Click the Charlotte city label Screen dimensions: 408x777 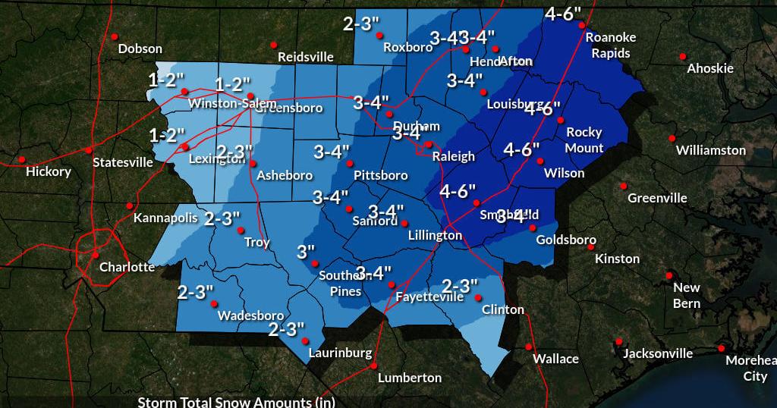coord(127,267)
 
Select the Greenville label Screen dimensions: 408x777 coord(657,198)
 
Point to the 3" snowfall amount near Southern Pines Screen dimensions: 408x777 coord(306,251)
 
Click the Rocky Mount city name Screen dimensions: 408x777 coord(584,140)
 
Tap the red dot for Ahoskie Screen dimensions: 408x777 coord(683,56)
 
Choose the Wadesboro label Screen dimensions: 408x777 coord(250,315)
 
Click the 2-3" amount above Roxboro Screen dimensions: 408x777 coord(361,24)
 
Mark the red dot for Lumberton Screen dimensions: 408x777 coord(373,366)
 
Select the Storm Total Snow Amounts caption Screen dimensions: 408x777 coord(236,401)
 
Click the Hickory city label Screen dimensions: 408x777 coord(48,171)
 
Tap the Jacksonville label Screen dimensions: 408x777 coord(657,353)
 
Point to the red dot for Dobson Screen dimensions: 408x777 coord(115,36)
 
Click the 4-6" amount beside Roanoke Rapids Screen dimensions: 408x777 coord(563,13)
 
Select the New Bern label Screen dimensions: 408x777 coord(687,295)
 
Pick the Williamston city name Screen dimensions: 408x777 coord(710,150)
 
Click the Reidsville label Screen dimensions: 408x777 coord(305,57)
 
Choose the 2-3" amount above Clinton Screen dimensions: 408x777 coord(460,286)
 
